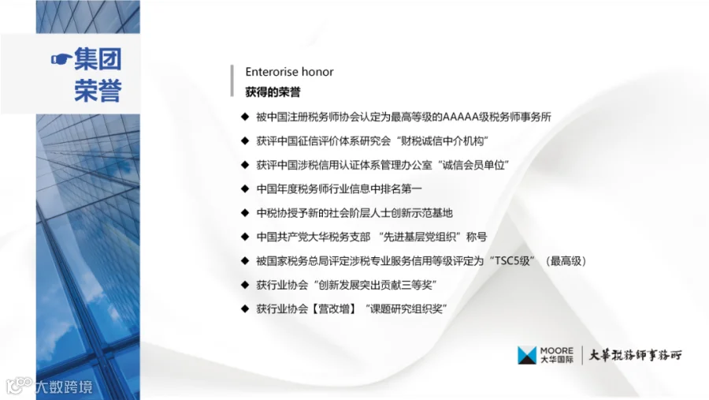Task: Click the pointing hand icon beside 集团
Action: tap(61, 59)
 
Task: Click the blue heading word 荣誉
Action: tap(98, 91)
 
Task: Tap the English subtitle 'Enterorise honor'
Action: tap(289, 72)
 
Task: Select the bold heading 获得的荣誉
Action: tap(273, 92)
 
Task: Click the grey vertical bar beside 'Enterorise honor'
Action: tap(232, 80)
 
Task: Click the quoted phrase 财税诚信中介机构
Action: tap(442, 141)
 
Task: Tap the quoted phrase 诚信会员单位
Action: tap(473, 165)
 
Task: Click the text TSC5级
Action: tap(512, 261)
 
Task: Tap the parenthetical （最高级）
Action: tap(566, 261)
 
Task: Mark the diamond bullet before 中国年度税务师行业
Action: tap(245, 189)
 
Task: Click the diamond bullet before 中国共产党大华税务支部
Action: tap(245, 237)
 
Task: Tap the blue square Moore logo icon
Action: tap(527, 355)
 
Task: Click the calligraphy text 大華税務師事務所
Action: tap(635, 355)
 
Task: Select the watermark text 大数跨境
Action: tap(65, 387)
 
